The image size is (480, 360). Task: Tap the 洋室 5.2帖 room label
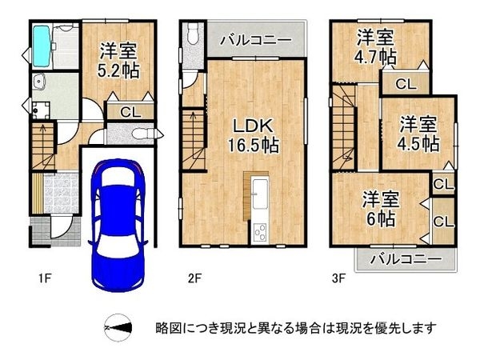[119, 61]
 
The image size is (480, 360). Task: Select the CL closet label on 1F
[127, 112]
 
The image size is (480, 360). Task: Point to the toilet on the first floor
[143, 133]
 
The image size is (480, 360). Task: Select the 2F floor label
[192, 279]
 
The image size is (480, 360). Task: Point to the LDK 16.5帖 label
[255, 136]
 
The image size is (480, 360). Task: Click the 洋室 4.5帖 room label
[418, 134]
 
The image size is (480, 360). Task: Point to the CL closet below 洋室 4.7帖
[405, 82]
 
